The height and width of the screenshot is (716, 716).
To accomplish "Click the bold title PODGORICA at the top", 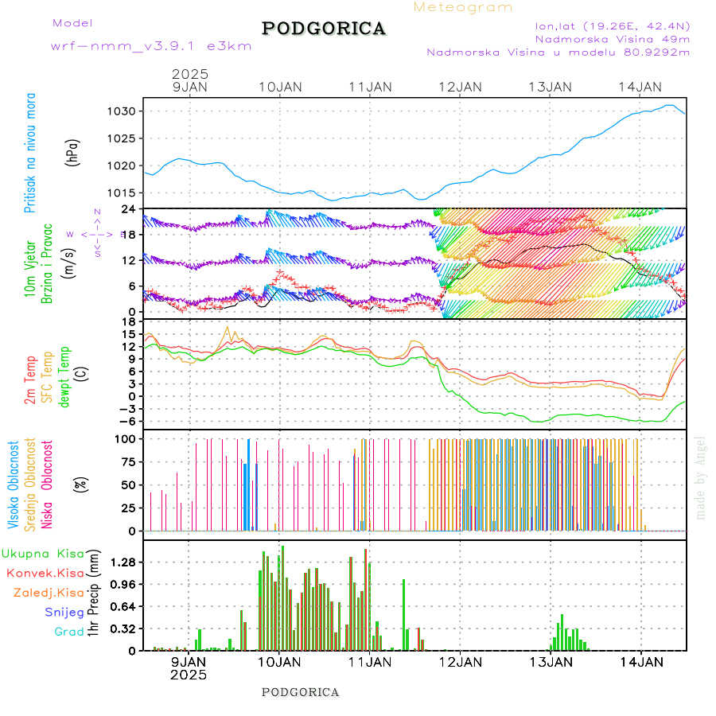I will (324, 29).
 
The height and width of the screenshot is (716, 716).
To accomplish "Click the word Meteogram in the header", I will (463, 7).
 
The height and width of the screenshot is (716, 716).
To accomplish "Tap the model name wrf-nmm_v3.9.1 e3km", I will (151, 46).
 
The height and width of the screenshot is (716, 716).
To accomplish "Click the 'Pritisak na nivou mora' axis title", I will (29, 153).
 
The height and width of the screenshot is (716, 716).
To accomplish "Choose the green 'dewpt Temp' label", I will (64, 376).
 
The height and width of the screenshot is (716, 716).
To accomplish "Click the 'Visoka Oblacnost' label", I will (14, 485).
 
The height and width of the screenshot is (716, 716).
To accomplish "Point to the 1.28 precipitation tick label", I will (123, 562).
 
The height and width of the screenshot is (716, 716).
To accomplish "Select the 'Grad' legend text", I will (68, 632).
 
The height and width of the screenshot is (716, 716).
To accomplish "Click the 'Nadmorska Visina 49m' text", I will (612, 38).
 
